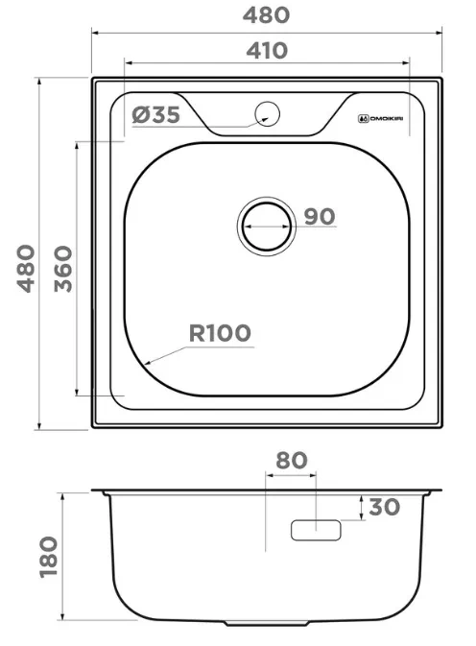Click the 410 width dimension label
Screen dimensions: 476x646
click(x=267, y=51)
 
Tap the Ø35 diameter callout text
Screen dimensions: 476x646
click(x=156, y=114)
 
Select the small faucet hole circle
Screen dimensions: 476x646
click(x=267, y=113)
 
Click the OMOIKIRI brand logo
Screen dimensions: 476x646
click(x=380, y=119)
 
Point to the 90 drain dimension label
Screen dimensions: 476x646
click(x=320, y=216)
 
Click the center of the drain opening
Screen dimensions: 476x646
click(x=267, y=227)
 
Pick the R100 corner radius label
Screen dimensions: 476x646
click(x=220, y=333)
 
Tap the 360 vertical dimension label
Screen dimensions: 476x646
click(x=63, y=269)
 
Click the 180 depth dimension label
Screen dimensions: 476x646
click(x=49, y=557)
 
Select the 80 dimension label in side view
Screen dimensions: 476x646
click(x=292, y=460)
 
